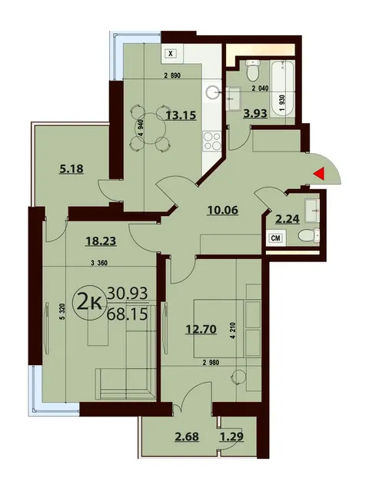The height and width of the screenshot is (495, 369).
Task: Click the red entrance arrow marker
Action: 320,174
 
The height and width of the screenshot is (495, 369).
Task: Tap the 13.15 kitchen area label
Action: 181,115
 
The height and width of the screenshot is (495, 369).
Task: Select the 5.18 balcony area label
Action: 71,169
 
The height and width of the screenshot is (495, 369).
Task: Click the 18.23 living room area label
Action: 101,241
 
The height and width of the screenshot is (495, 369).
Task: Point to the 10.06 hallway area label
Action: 223,210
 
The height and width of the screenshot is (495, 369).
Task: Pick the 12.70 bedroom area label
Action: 201,329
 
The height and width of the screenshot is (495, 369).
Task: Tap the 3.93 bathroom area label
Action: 255,113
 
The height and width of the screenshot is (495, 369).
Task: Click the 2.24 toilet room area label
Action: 288,219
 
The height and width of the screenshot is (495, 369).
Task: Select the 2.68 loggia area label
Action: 187,437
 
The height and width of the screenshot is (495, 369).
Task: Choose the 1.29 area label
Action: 231,437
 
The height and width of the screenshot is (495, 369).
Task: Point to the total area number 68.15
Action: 128,314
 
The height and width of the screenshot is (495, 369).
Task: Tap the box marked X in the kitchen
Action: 171,53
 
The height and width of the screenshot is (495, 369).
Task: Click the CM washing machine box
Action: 276,238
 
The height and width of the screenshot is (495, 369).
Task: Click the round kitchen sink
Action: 214,92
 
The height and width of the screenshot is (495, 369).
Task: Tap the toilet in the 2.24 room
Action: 309,235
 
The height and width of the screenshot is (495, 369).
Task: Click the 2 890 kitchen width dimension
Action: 172,76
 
